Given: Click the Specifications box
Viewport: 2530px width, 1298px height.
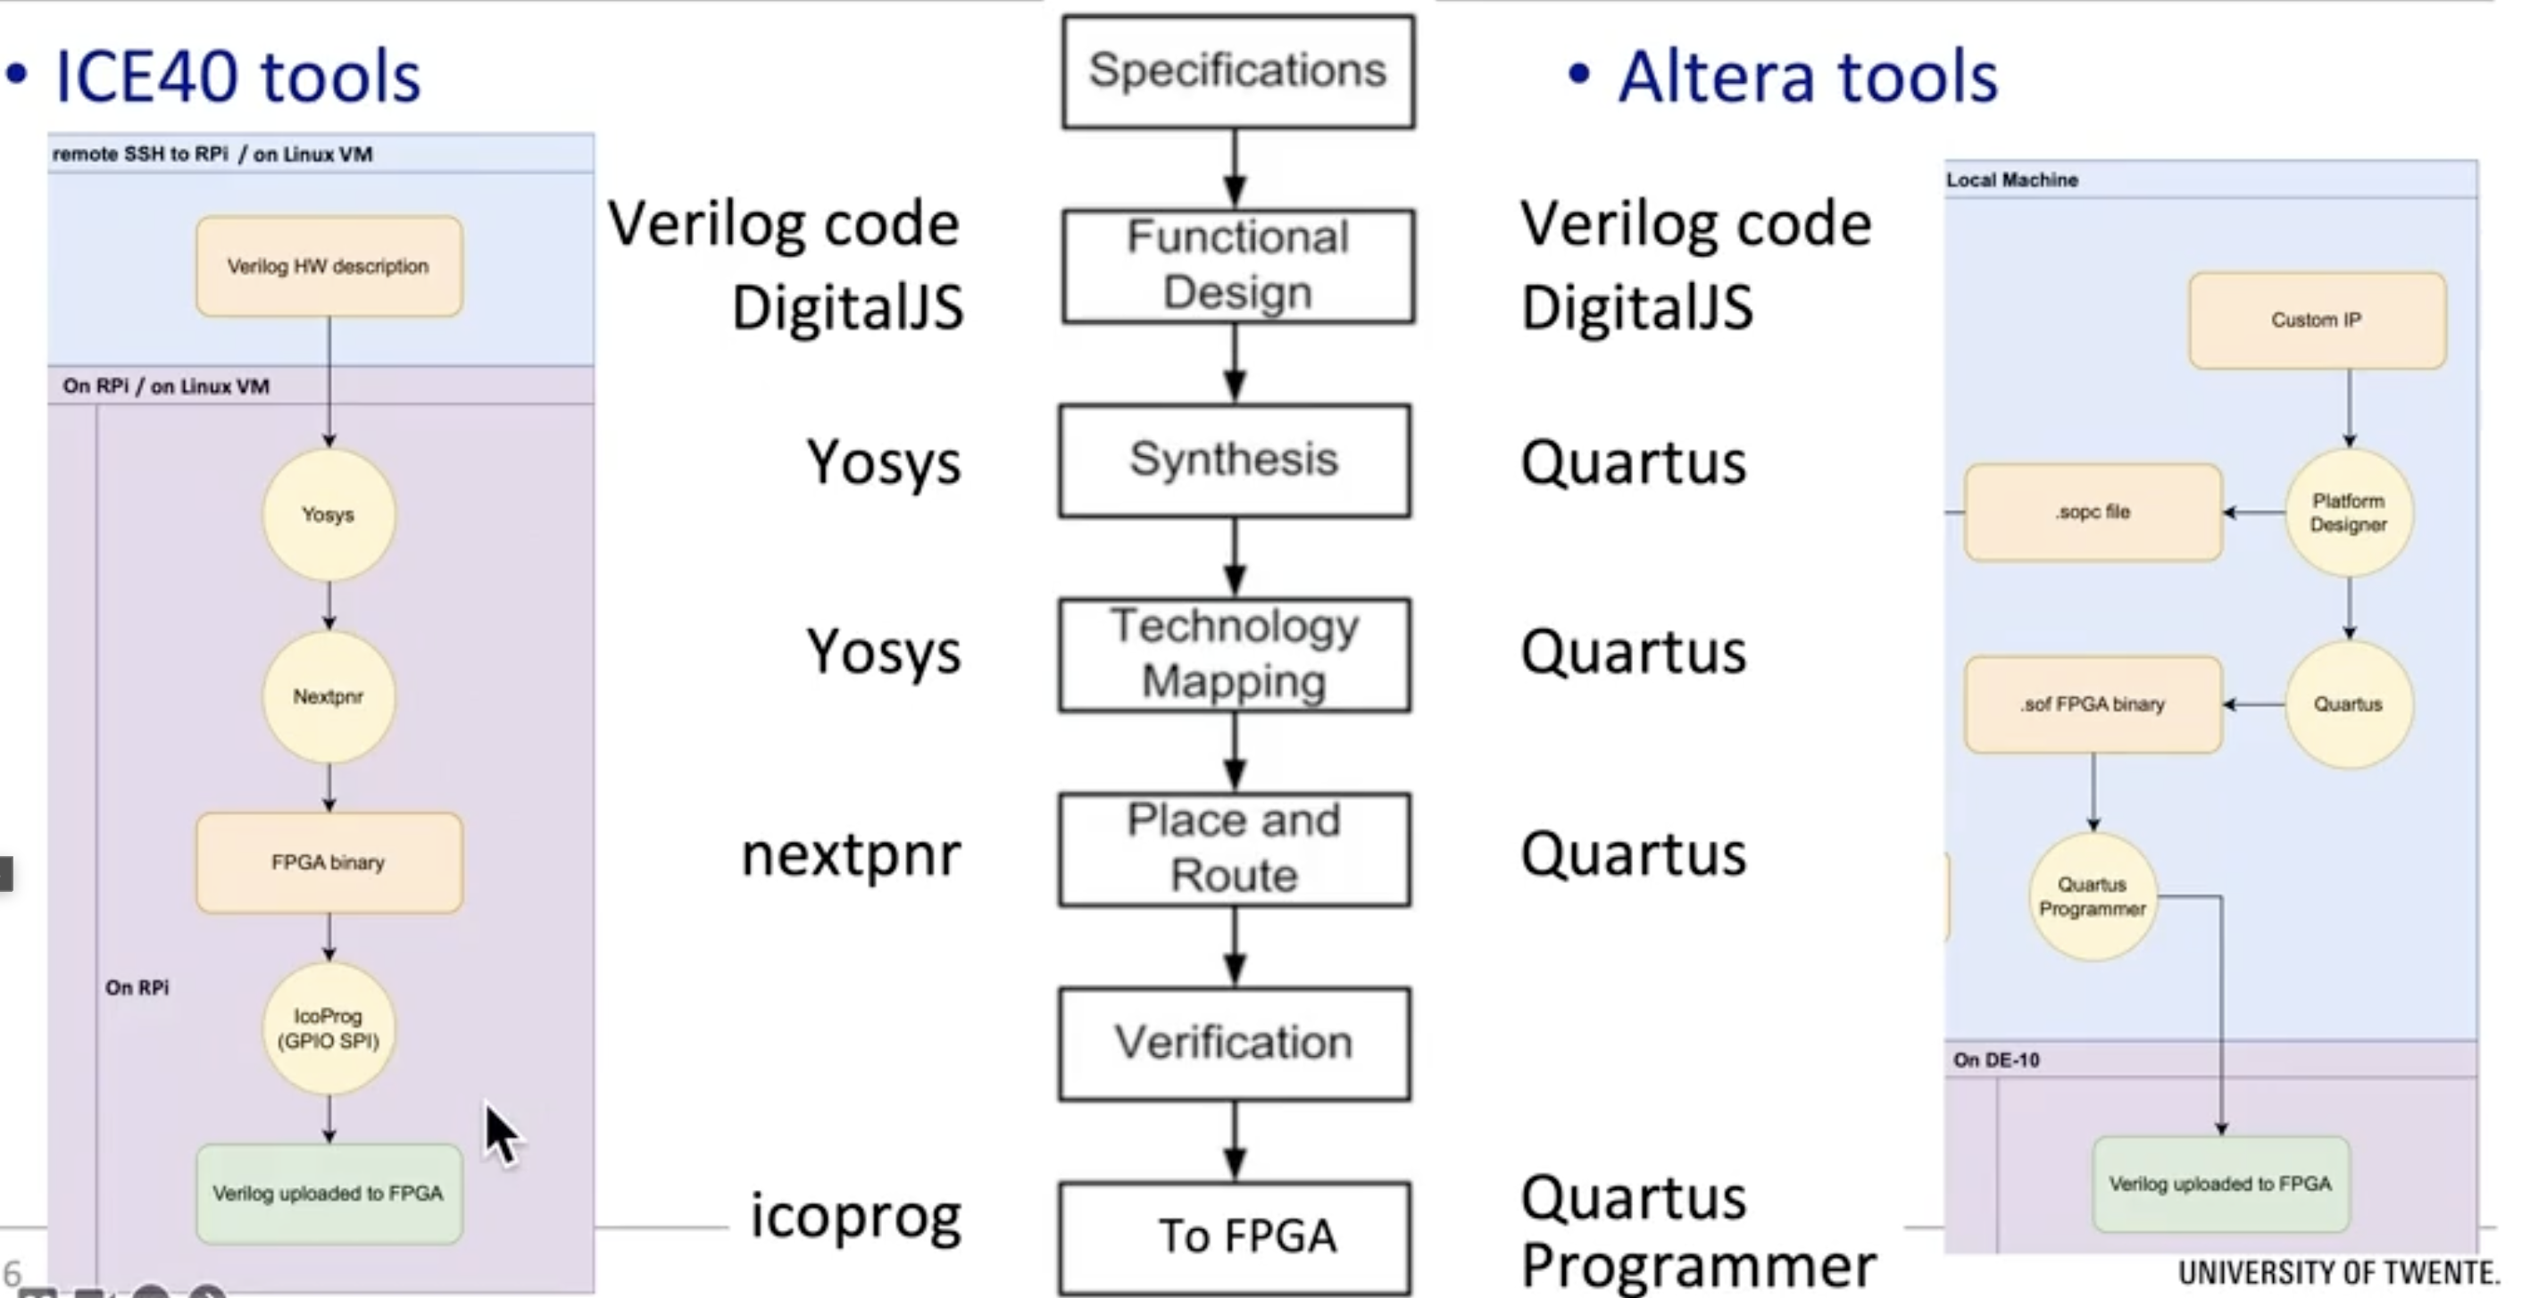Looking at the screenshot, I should [1237, 71].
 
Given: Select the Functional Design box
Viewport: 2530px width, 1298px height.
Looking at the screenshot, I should [1237, 265].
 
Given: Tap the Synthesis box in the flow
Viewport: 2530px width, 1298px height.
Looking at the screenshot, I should [1235, 460].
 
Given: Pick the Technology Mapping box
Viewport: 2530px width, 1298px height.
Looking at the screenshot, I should [1235, 653].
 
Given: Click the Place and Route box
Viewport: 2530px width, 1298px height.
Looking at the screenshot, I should [1235, 848].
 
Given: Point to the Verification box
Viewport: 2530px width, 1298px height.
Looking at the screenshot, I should [1235, 1043].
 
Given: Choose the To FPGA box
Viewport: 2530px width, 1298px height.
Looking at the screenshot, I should [1236, 1237].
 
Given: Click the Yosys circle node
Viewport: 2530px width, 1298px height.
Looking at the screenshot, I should [328, 514].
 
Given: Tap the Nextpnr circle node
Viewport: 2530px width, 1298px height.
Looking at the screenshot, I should [328, 697].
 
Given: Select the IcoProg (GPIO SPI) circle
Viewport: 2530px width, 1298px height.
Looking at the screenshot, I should [328, 1028].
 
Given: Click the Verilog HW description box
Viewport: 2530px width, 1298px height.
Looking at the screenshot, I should [328, 266].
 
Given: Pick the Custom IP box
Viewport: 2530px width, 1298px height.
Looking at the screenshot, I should [2316, 320].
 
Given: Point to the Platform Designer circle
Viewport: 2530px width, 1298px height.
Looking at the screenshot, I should [2347, 512].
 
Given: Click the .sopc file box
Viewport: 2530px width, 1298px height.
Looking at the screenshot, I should [2093, 512].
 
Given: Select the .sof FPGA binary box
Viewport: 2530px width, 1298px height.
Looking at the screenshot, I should [2093, 705].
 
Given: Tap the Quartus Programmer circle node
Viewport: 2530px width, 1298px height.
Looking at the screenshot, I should [2092, 896].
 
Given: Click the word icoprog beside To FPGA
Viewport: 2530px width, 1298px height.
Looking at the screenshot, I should [855, 1218].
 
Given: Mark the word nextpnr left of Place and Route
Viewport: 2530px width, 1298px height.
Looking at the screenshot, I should [851, 854].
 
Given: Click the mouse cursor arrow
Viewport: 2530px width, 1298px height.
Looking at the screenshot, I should [501, 1134].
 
